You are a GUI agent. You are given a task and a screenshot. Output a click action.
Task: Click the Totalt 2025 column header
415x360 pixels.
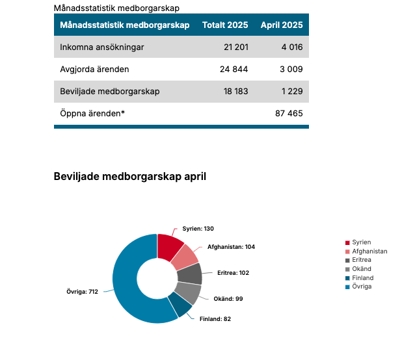coord(225,25)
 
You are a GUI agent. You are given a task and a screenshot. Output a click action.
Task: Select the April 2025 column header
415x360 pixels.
coord(282,25)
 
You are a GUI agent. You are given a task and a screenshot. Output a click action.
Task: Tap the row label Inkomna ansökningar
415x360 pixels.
coord(101,47)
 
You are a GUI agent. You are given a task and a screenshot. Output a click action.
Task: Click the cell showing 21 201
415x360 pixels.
coord(236,47)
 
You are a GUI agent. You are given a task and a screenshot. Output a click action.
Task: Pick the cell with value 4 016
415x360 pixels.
coord(291,47)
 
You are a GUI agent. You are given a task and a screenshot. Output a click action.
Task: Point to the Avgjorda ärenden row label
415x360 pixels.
coord(94,70)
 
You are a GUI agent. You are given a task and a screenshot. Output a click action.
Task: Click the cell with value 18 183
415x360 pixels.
coord(235,92)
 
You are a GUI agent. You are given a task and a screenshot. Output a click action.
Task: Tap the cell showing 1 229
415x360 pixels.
coord(291,92)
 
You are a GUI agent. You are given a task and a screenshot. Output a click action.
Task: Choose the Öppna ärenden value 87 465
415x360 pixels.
coord(289,113)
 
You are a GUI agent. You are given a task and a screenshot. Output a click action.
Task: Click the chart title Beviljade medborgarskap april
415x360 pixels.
coord(129,176)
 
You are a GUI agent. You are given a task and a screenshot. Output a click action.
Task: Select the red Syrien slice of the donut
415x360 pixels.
coord(169,246)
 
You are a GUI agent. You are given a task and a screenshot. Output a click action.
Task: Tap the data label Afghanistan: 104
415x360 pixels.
coord(231,247)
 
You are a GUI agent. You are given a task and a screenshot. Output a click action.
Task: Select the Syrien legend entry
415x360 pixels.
coord(360,242)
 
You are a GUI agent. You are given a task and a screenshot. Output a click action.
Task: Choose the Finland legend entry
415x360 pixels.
coord(362,277)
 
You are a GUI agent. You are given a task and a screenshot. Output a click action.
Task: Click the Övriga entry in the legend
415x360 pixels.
coord(362,287)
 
